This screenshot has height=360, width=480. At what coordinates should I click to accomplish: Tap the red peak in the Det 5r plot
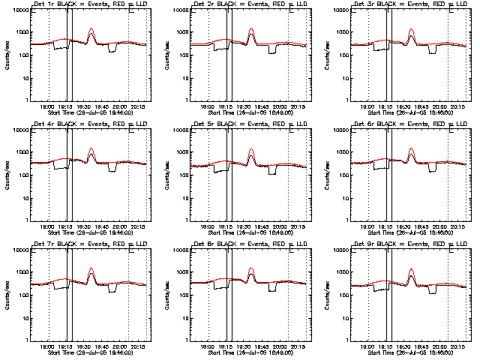[251, 150]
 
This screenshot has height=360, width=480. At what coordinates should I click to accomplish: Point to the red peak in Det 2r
[251, 30]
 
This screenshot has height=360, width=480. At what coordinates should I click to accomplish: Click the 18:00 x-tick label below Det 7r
[46, 346]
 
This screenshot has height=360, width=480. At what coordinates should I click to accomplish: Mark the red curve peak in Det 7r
[91, 268]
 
